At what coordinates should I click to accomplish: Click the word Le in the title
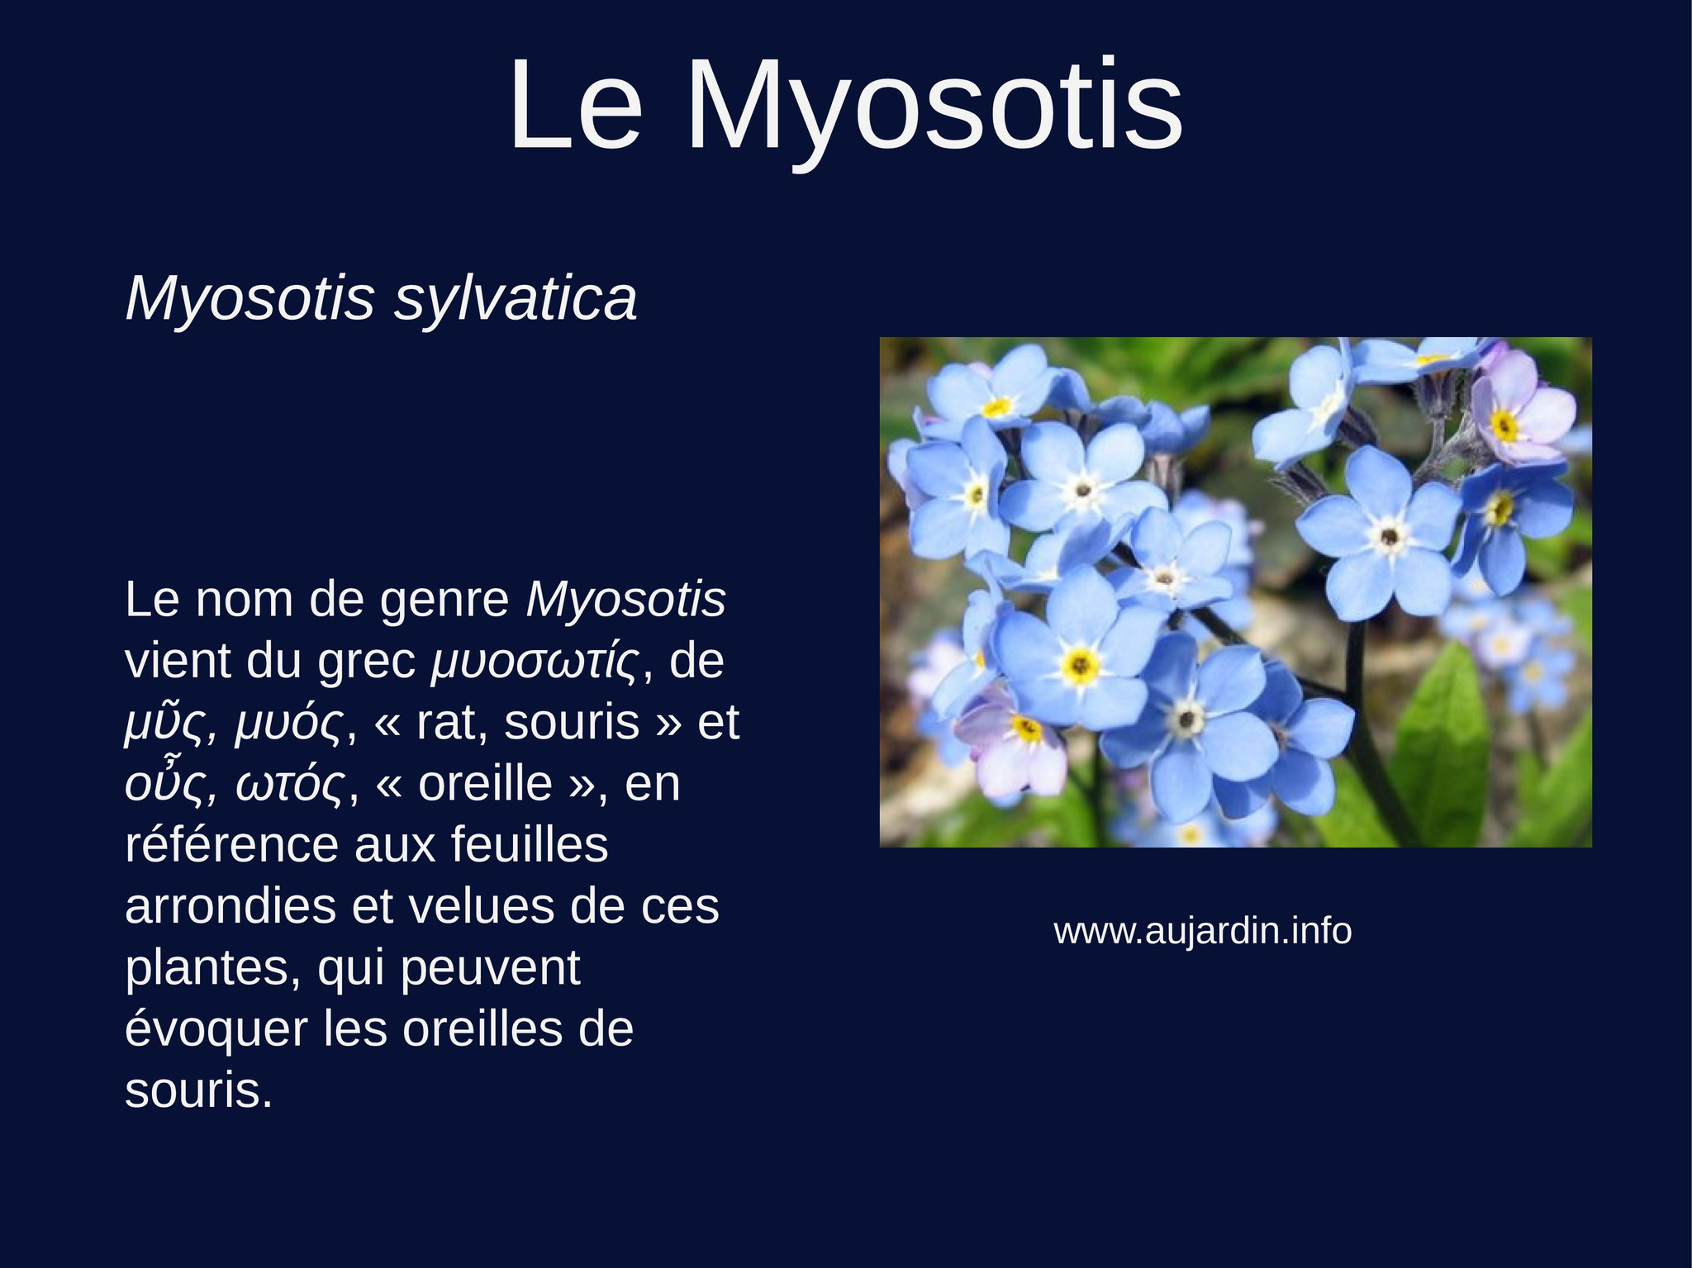point(575,105)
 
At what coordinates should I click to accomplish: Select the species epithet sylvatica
point(515,300)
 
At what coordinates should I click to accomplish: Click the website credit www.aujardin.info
point(1203,932)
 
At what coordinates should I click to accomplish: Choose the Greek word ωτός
point(290,784)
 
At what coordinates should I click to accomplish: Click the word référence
point(232,844)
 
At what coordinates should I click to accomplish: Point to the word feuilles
point(530,844)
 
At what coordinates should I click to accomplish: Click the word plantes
point(213,968)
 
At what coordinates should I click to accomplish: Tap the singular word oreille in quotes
point(486,784)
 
